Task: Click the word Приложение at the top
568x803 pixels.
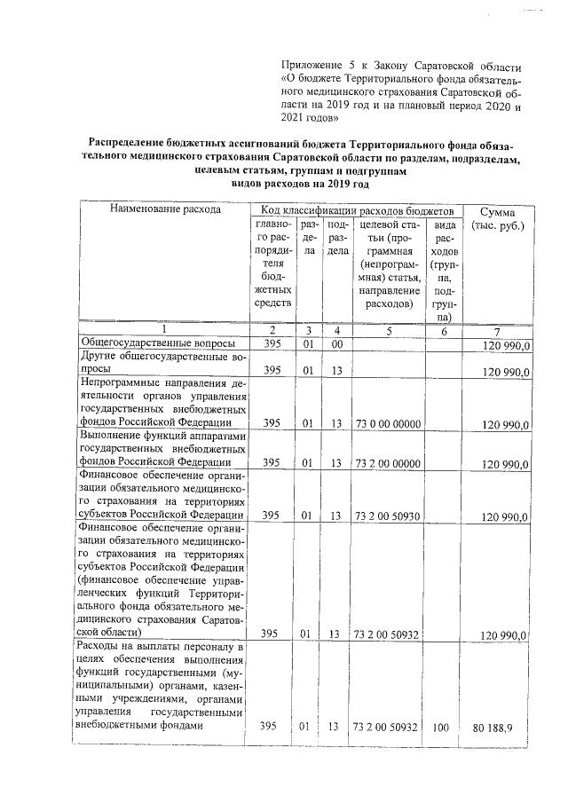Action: [309, 67]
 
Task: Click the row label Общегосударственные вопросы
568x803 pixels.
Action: [158, 343]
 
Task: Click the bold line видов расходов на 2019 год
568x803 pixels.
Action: [299, 184]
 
